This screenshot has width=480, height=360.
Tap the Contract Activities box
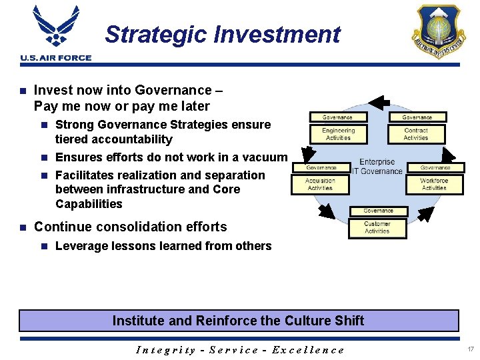coord(416,134)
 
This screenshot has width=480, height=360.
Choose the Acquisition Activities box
coord(320,184)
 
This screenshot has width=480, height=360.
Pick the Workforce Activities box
coord(434,184)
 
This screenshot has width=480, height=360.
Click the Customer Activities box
coord(377,227)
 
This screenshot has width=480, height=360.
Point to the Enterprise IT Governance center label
coord(377,167)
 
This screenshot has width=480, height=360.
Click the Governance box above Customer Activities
coord(378,211)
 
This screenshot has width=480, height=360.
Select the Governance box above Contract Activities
coord(417,117)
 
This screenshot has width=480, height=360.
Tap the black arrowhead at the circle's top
coord(378,103)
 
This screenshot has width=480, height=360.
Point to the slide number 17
coord(470,349)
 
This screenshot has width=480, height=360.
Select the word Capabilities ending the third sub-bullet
coord(89,203)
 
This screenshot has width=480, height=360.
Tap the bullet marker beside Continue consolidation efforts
coord(23,227)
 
